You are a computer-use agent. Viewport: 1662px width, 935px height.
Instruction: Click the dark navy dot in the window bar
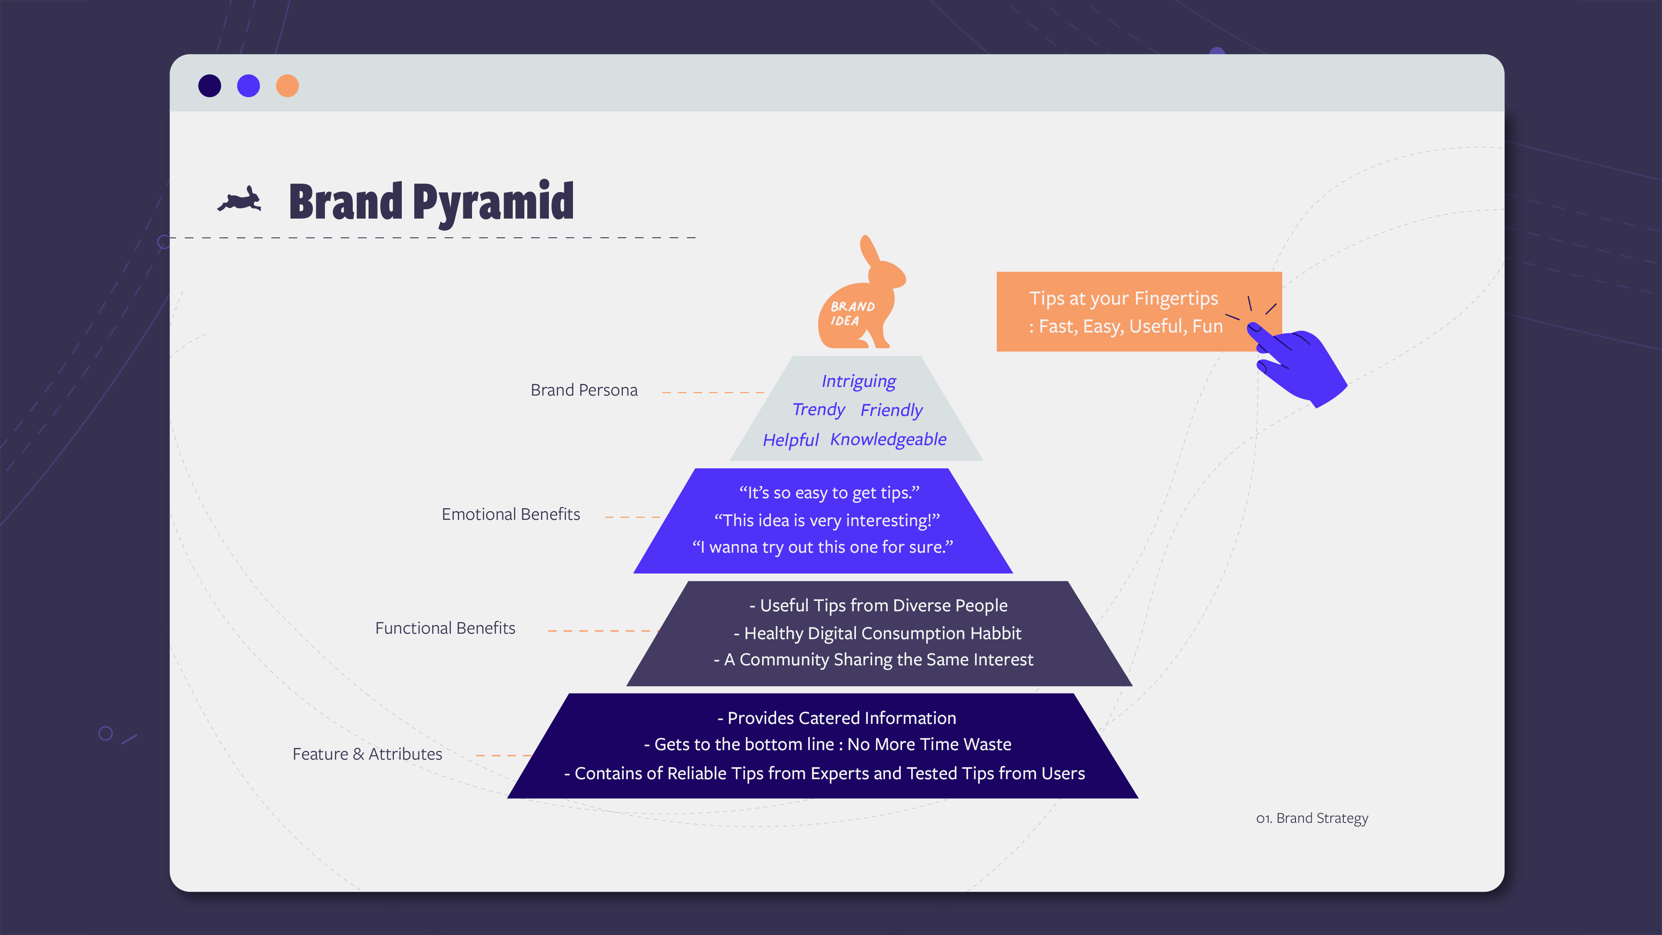tap(210, 86)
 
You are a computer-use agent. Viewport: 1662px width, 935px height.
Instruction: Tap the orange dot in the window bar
tap(287, 86)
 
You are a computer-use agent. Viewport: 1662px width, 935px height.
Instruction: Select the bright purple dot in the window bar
tap(248, 86)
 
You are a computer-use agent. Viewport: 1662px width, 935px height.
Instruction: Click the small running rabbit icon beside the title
tap(240, 200)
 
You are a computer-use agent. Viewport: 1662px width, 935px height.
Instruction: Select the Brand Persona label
tap(584, 390)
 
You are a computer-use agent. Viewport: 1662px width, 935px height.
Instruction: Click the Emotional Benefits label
tap(510, 514)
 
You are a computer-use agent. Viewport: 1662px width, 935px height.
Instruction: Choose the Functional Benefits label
tap(445, 628)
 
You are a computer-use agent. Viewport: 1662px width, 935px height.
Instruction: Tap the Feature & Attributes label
tap(367, 754)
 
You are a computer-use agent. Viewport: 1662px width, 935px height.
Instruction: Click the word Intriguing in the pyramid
tap(859, 382)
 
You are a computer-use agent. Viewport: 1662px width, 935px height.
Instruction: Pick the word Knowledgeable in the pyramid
tap(888, 439)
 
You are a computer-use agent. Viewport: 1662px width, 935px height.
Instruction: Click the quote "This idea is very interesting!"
tap(826, 520)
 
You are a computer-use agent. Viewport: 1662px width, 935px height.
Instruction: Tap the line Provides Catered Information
tap(837, 718)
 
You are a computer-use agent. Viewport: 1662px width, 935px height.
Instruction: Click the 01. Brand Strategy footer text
tap(1312, 818)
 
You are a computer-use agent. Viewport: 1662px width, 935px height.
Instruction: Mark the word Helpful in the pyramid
tap(790, 440)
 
